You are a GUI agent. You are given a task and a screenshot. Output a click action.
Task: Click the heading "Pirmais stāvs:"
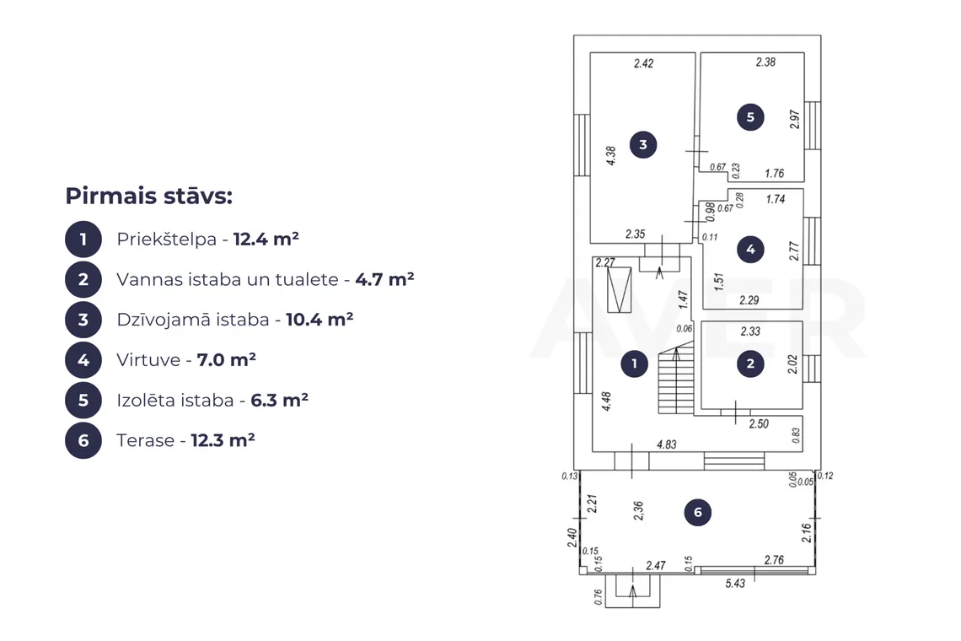click(149, 197)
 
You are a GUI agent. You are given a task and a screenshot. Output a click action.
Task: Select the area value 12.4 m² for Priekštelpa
click(266, 239)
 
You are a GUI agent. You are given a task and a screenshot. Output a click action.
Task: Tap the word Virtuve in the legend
click(148, 359)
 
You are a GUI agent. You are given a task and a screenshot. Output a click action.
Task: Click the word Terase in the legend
click(146, 440)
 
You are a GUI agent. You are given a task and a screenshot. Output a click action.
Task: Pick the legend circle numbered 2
click(83, 279)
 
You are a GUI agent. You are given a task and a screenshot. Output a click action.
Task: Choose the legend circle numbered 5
click(83, 400)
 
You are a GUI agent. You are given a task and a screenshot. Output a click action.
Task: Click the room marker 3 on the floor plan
click(643, 145)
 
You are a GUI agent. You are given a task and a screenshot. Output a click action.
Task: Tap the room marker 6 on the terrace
click(697, 512)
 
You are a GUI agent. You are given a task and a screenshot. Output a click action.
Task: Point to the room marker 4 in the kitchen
click(751, 250)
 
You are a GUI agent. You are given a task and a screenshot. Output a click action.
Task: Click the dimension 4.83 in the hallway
click(667, 444)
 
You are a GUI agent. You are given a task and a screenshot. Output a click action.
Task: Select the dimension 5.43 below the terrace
click(735, 584)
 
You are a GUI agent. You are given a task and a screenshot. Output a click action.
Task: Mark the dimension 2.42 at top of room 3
click(643, 63)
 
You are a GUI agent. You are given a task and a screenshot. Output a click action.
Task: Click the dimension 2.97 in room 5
click(795, 119)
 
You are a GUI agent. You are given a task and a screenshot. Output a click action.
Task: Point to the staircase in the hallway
click(676, 378)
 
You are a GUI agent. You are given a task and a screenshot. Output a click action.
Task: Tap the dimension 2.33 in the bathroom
click(750, 331)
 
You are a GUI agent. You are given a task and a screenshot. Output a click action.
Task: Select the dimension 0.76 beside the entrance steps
click(599, 597)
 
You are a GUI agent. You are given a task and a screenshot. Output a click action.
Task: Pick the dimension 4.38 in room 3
click(611, 156)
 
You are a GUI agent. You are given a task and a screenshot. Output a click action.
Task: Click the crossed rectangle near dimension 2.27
click(619, 289)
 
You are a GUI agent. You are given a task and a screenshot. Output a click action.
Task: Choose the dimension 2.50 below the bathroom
click(759, 424)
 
